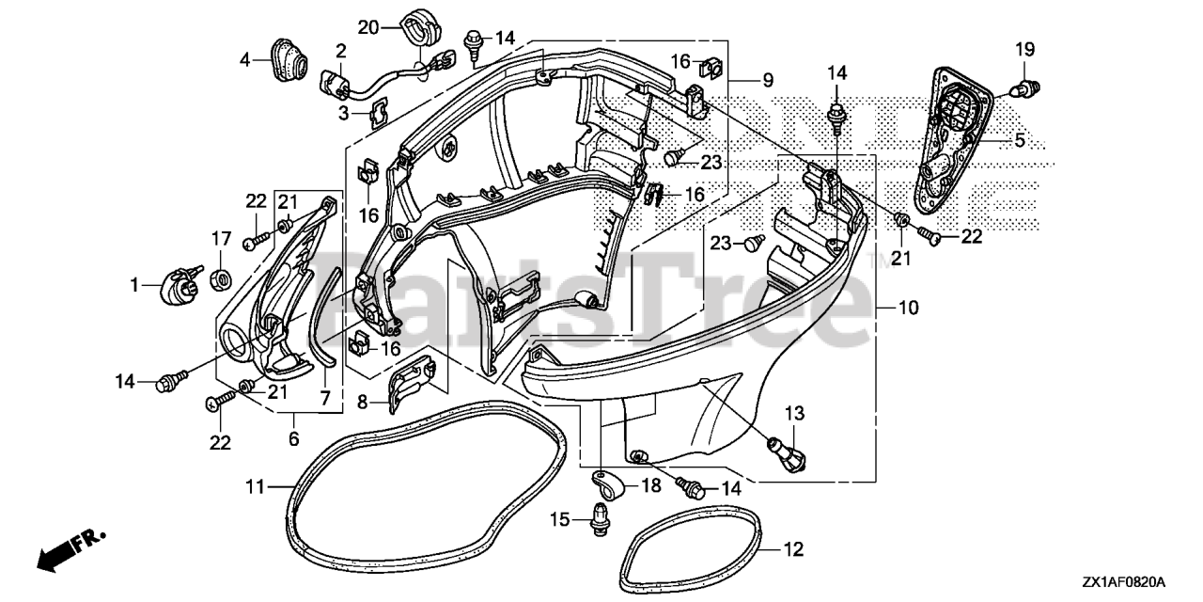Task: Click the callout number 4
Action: (245, 59)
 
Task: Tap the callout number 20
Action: (368, 27)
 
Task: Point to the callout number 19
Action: (1024, 49)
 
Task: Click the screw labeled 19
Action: (1023, 89)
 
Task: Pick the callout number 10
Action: (909, 308)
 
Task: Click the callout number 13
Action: (795, 412)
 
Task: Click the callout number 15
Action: (561, 519)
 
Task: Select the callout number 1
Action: (134, 283)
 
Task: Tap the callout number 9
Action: (768, 81)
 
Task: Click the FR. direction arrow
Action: (70, 550)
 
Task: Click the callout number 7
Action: (325, 399)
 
